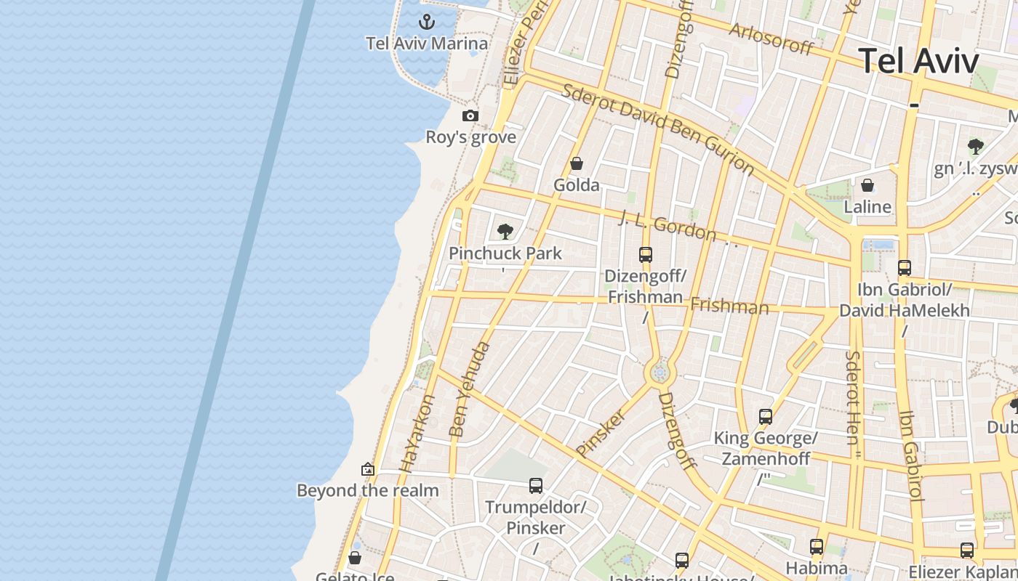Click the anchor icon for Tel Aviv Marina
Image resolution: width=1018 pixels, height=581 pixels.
[428, 21]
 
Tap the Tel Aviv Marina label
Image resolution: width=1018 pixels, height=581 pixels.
[427, 44]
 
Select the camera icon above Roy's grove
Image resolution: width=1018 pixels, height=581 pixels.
[470, 115]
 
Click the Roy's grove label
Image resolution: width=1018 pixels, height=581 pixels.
[470, 137]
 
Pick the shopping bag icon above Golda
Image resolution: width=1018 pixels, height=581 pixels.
[577, 163]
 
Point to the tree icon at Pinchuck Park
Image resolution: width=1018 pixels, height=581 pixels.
[505, 232]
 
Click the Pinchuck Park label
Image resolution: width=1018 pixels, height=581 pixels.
[505, 253]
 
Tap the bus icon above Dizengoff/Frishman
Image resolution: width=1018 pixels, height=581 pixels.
[646, 254]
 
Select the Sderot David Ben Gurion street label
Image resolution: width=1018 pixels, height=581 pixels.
[659, 129]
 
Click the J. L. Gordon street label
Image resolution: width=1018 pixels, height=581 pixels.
[668, 227]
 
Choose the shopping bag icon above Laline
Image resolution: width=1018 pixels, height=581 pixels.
[867, 185]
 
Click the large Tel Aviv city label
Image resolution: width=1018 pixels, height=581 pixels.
[918, 60]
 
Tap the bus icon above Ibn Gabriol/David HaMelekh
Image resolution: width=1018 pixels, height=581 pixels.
[905, 267]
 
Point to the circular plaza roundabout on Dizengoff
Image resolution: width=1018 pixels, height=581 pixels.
[660, 373]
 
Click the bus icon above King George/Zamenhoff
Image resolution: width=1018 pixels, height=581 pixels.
[766, 417]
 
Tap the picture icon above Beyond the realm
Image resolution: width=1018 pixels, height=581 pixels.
[368, 469]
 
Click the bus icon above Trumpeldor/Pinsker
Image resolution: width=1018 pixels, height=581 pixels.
[536, 485]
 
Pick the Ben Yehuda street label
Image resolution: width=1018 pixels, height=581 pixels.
[470, 390]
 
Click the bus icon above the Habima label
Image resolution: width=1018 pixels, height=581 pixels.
[817, 546]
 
